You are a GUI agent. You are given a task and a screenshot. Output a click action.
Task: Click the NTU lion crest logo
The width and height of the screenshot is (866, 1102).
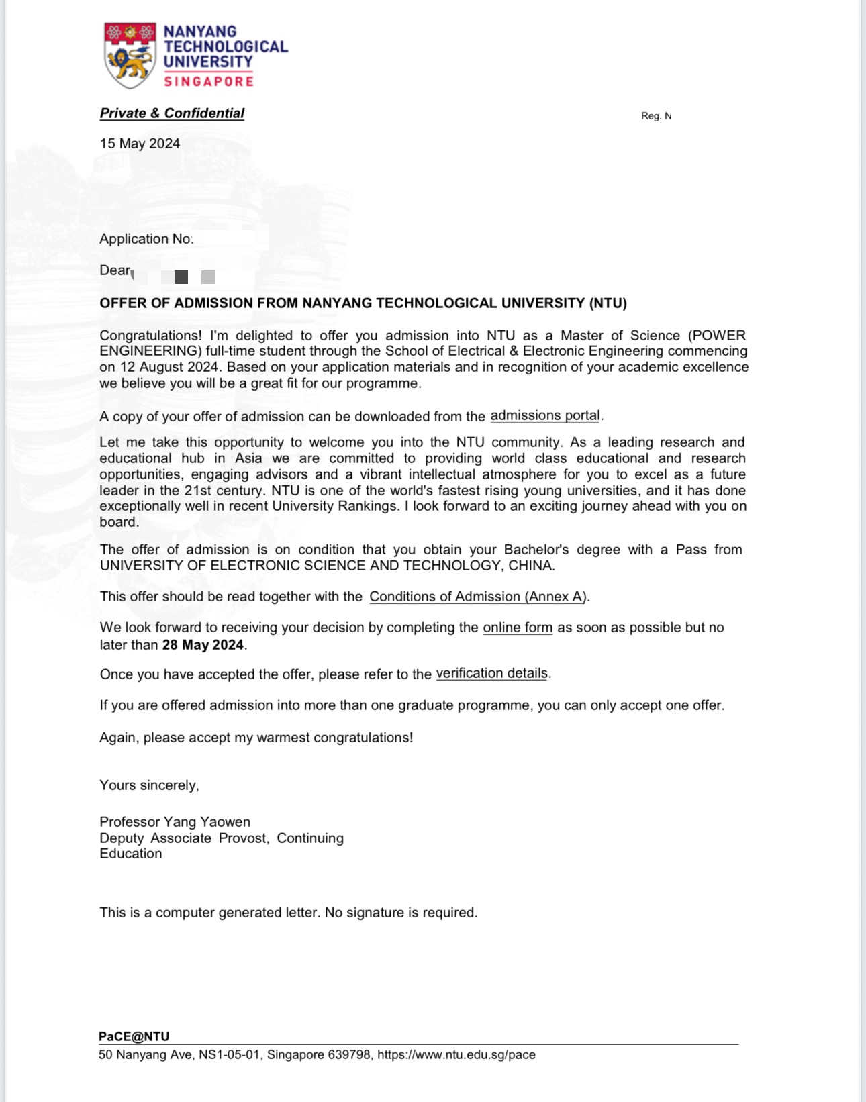pyautogui.click(x=130, y=56)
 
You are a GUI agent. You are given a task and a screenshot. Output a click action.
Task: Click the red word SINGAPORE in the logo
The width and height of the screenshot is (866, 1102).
pyautogui.click(x=209, y=81)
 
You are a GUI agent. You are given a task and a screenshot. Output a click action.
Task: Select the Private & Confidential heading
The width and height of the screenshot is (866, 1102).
pyautogui.click(x=172, y=113)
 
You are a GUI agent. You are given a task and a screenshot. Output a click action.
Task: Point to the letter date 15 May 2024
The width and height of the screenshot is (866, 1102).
pyautogui.click(x=140, y=144)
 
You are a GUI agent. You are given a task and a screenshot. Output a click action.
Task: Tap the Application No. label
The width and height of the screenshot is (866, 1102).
pyautogui.click(x=146, y=239)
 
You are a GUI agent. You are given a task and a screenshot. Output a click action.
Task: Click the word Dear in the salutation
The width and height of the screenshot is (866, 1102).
pyautogui.click(x=115, y=270)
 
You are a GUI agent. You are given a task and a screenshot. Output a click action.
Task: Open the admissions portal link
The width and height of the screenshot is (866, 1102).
pyautogui.click(x=545, y=415)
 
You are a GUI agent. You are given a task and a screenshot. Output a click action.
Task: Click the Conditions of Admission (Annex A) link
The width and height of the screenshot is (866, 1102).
pyautogui.click(x=478, y=597)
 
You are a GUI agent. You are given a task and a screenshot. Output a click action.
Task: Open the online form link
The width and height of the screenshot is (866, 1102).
pyautogui.click(x=518, y=628)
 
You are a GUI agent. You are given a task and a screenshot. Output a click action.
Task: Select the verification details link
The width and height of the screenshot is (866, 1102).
pyautogui.click(x=492, y=673)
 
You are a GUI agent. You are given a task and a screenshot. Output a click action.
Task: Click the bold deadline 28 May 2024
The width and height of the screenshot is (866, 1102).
pyautogui.click(x=203, y=645)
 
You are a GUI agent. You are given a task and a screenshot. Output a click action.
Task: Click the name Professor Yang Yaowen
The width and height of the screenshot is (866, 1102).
pyautogui.click(x=175, y=822)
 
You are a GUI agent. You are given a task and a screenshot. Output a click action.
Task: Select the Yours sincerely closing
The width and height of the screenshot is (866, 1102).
pyautogui.click(x=149, y=785)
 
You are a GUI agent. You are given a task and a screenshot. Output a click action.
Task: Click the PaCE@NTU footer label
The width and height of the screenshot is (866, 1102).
pyautogui.click(x=134, y=1036)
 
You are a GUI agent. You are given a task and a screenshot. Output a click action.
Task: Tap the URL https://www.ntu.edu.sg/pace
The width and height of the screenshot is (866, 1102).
pyautogui.click(x=456, y=1055)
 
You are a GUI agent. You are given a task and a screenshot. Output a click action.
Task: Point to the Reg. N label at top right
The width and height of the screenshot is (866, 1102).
pyautogui.click(x=656, y=116)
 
